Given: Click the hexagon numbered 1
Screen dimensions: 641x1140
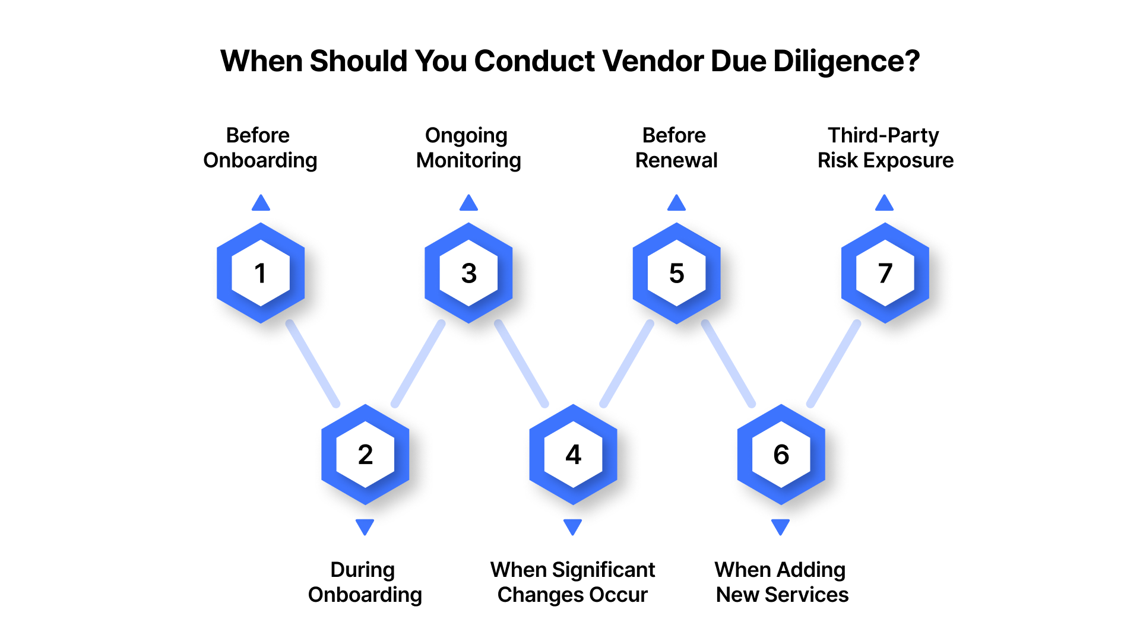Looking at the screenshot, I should pos(261,273).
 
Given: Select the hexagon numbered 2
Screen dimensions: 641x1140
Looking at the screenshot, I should pos(365,455).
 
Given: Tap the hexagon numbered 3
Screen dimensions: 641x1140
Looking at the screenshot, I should pos(468,273).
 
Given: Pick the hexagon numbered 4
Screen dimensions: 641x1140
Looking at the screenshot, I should pos(573,455).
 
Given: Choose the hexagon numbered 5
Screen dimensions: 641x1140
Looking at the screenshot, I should pos(676,273).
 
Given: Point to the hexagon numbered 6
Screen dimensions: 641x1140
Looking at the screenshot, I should pos(781,455).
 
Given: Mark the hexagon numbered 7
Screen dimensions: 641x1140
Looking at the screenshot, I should pos(885,273).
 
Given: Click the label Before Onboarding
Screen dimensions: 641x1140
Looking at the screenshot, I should pos(260,148).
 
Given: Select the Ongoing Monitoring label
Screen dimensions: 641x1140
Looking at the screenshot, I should pos(468,148).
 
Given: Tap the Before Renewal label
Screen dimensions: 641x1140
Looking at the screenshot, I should pos(676,148).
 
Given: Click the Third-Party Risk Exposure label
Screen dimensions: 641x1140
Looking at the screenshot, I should pos(885,148).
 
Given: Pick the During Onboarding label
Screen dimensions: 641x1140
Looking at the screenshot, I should pos(365,582).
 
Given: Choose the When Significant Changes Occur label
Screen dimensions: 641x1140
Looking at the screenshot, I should pos(572,582).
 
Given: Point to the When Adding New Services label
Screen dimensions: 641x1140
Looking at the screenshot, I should pos(781,582).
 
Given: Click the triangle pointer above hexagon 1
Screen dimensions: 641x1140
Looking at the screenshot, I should pos(261,203).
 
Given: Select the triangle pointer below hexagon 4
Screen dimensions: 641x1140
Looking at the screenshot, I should pos(572,526).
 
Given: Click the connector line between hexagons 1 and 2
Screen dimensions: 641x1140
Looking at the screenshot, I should pos(312,364).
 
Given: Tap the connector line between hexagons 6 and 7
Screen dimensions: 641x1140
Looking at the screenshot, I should pos(833,364).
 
